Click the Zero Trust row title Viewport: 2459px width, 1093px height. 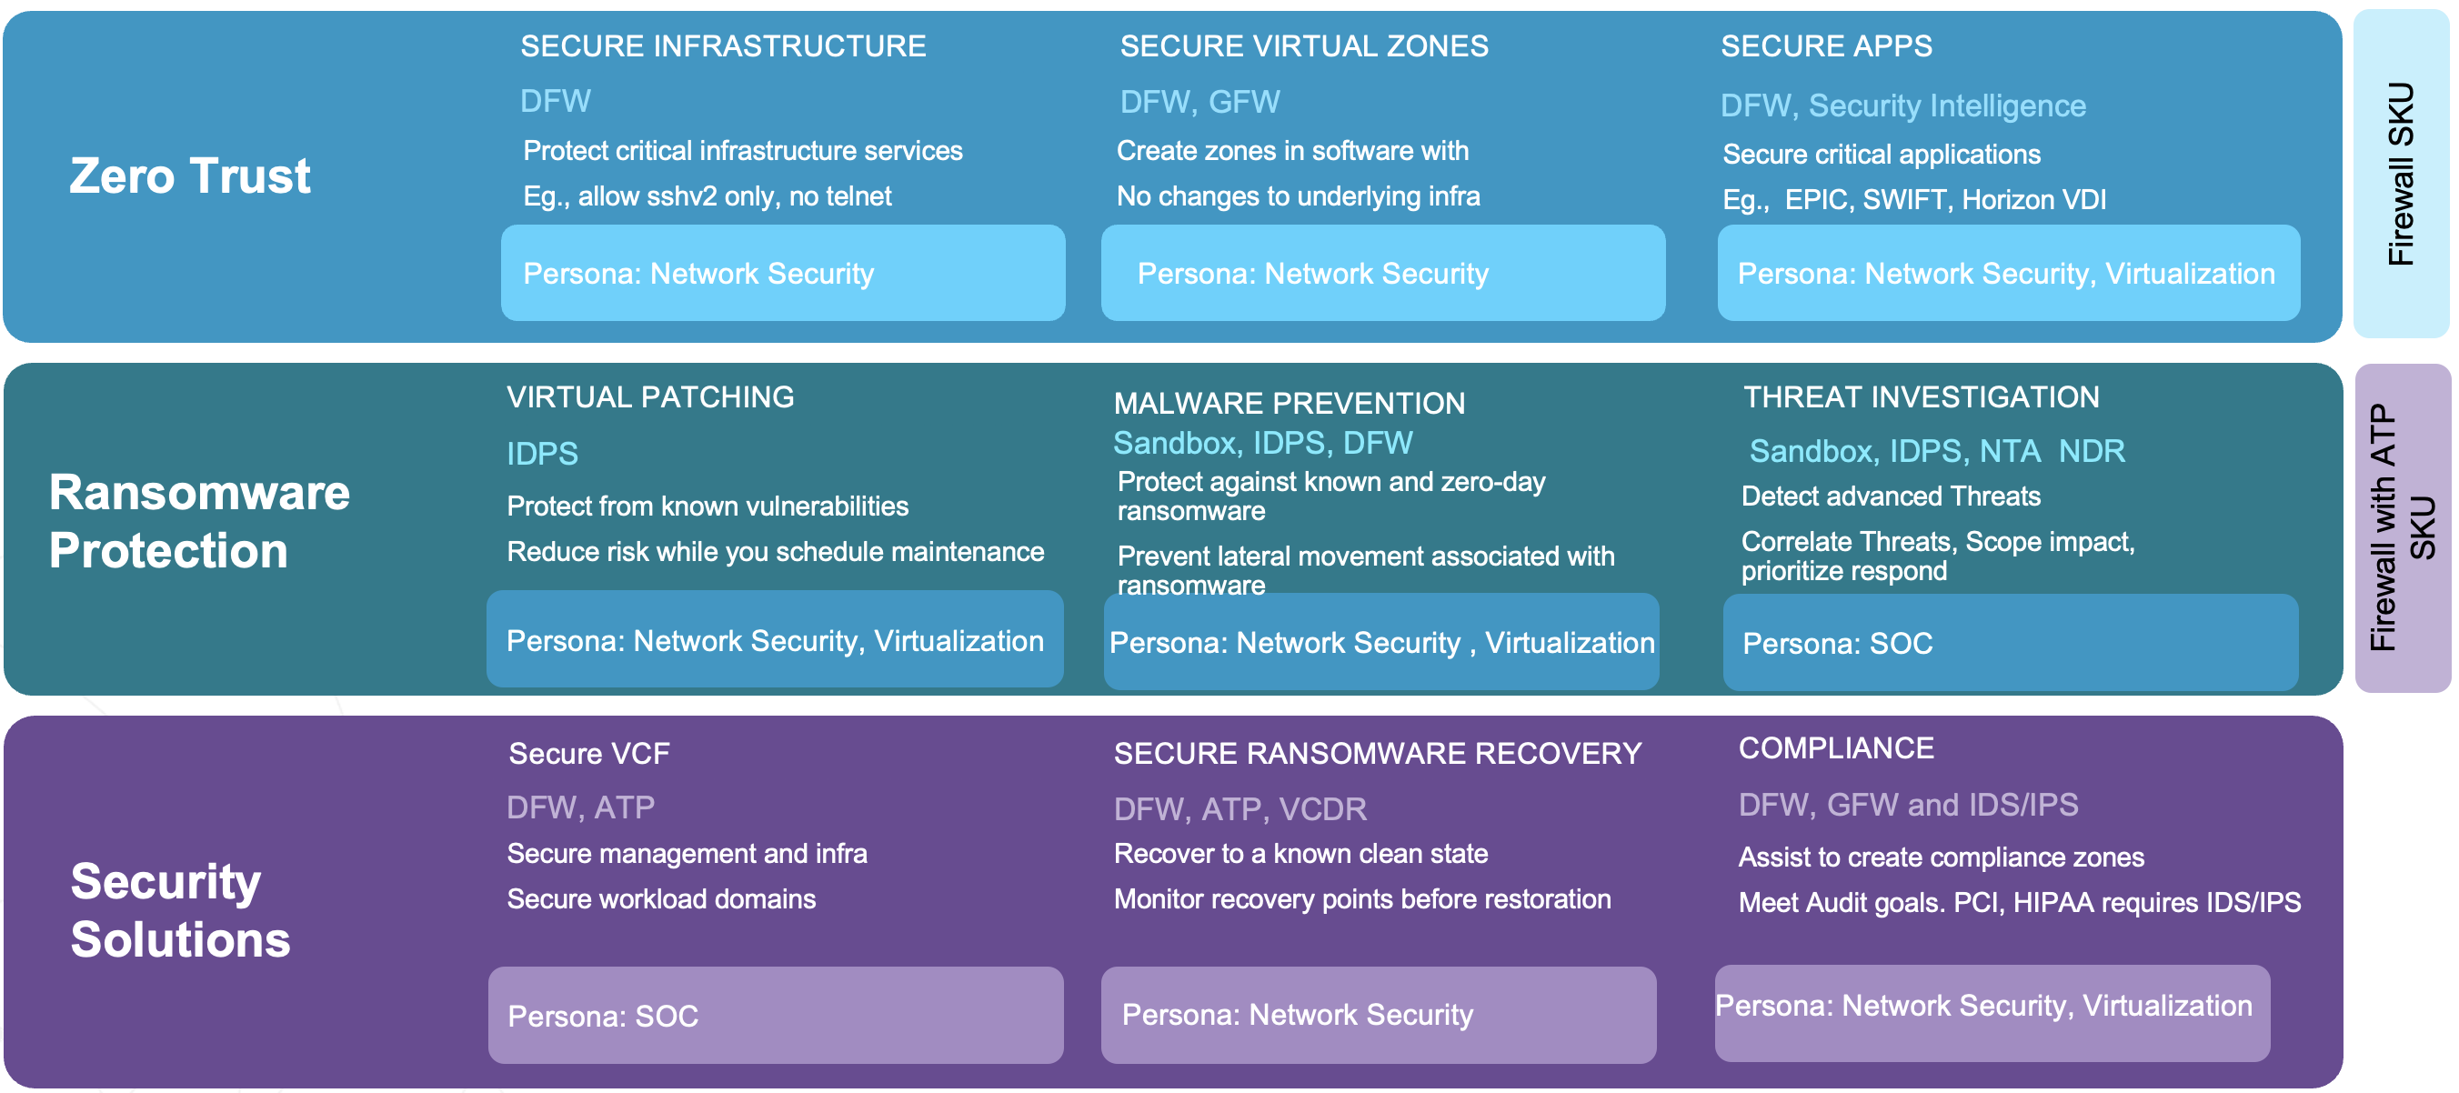point(190,176)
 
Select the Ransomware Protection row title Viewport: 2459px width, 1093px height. point(199,521)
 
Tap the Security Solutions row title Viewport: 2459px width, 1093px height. point(180,909)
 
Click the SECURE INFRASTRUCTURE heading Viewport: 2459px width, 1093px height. point(723,45)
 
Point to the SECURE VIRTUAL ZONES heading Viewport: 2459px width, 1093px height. point(1304,45)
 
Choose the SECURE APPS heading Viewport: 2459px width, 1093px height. point(1826,45)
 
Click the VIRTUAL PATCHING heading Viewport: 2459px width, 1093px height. point(650,397)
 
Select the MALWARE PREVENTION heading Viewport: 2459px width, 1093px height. point(1289,403)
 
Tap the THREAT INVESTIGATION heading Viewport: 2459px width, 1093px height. point(1921,397)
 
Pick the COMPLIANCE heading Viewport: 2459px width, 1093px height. point(1836,748)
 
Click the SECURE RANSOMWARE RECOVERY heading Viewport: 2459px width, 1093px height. point(1378,754)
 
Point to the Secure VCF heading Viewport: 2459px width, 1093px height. point(589,754)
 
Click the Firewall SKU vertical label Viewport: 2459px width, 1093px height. point(2401,174)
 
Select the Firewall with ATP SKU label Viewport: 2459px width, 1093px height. point(2402,526)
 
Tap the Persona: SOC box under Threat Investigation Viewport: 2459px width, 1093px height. point(2011,643)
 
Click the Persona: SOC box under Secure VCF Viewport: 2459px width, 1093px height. point(775,1016)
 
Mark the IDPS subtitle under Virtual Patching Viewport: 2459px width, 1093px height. point(542,454)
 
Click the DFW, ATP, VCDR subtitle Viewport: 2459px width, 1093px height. point(1240,809)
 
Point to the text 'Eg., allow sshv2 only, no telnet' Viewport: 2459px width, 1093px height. point(707,196)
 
